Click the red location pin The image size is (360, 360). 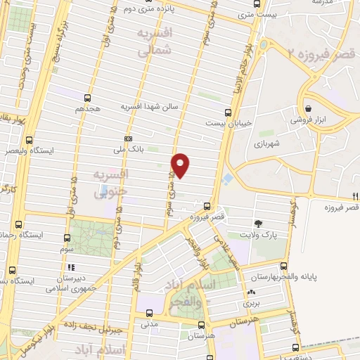(x=181, y=165)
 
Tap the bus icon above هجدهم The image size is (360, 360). (x=87, y=98)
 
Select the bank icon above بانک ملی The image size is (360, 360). (x=127, y=139)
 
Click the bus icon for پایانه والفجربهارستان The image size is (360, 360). (x=284, y=266)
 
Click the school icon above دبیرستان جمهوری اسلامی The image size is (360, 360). (x=70, y=267)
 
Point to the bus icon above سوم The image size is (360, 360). (x=67, y=238)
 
